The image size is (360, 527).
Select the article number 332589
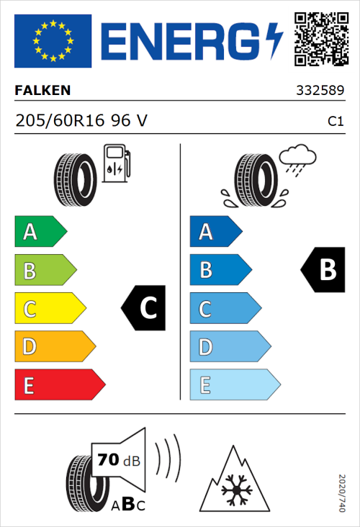click(x=320, y=91)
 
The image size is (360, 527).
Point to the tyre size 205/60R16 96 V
click(x=81, y=122)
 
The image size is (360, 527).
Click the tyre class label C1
click(x=335, y=122)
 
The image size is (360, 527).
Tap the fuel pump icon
click(x=116, y=163)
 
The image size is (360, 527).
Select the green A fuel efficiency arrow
click(x=40, y=233)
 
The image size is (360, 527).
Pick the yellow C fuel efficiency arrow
click(x=49, y=309)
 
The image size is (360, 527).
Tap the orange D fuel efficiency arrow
click(x=54, y=347)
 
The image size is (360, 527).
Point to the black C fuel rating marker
click(x=145, y=308)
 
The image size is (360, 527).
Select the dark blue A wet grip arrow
click(x=215, y=233)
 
